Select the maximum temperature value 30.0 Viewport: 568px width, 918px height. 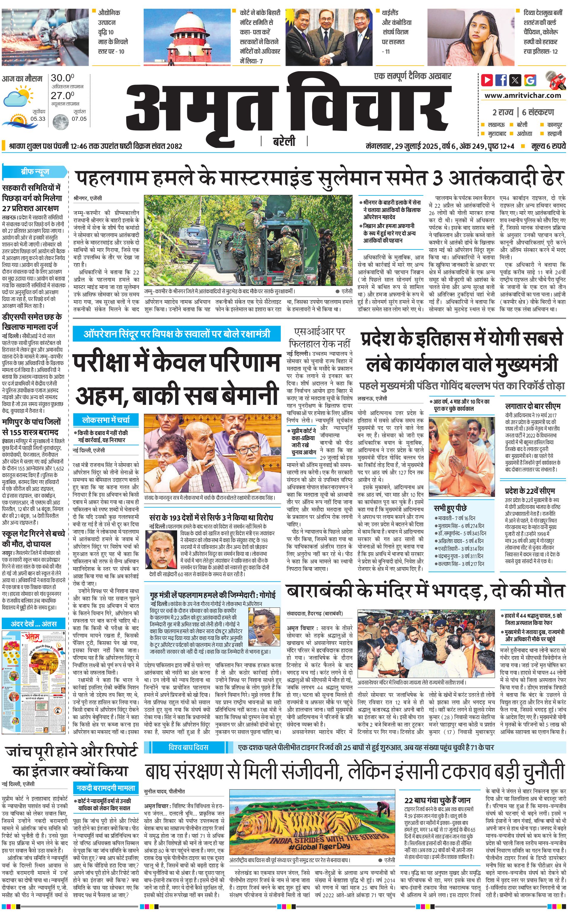tap(62, 78)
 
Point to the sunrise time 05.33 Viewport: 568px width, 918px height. tap(38, 119)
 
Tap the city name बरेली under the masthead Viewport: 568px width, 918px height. tap(284, 141)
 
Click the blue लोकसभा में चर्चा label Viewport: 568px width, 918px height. tap(106, 419)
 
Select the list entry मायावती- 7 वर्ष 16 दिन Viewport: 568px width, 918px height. tap(456, 518)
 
